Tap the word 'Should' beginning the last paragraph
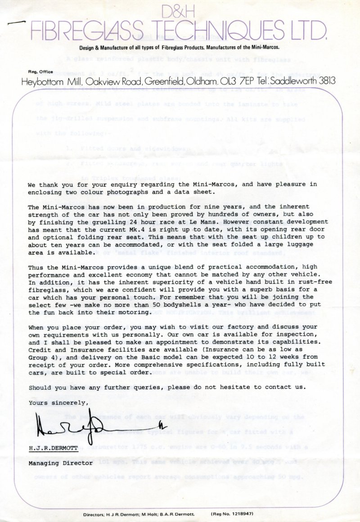click(39, 387)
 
